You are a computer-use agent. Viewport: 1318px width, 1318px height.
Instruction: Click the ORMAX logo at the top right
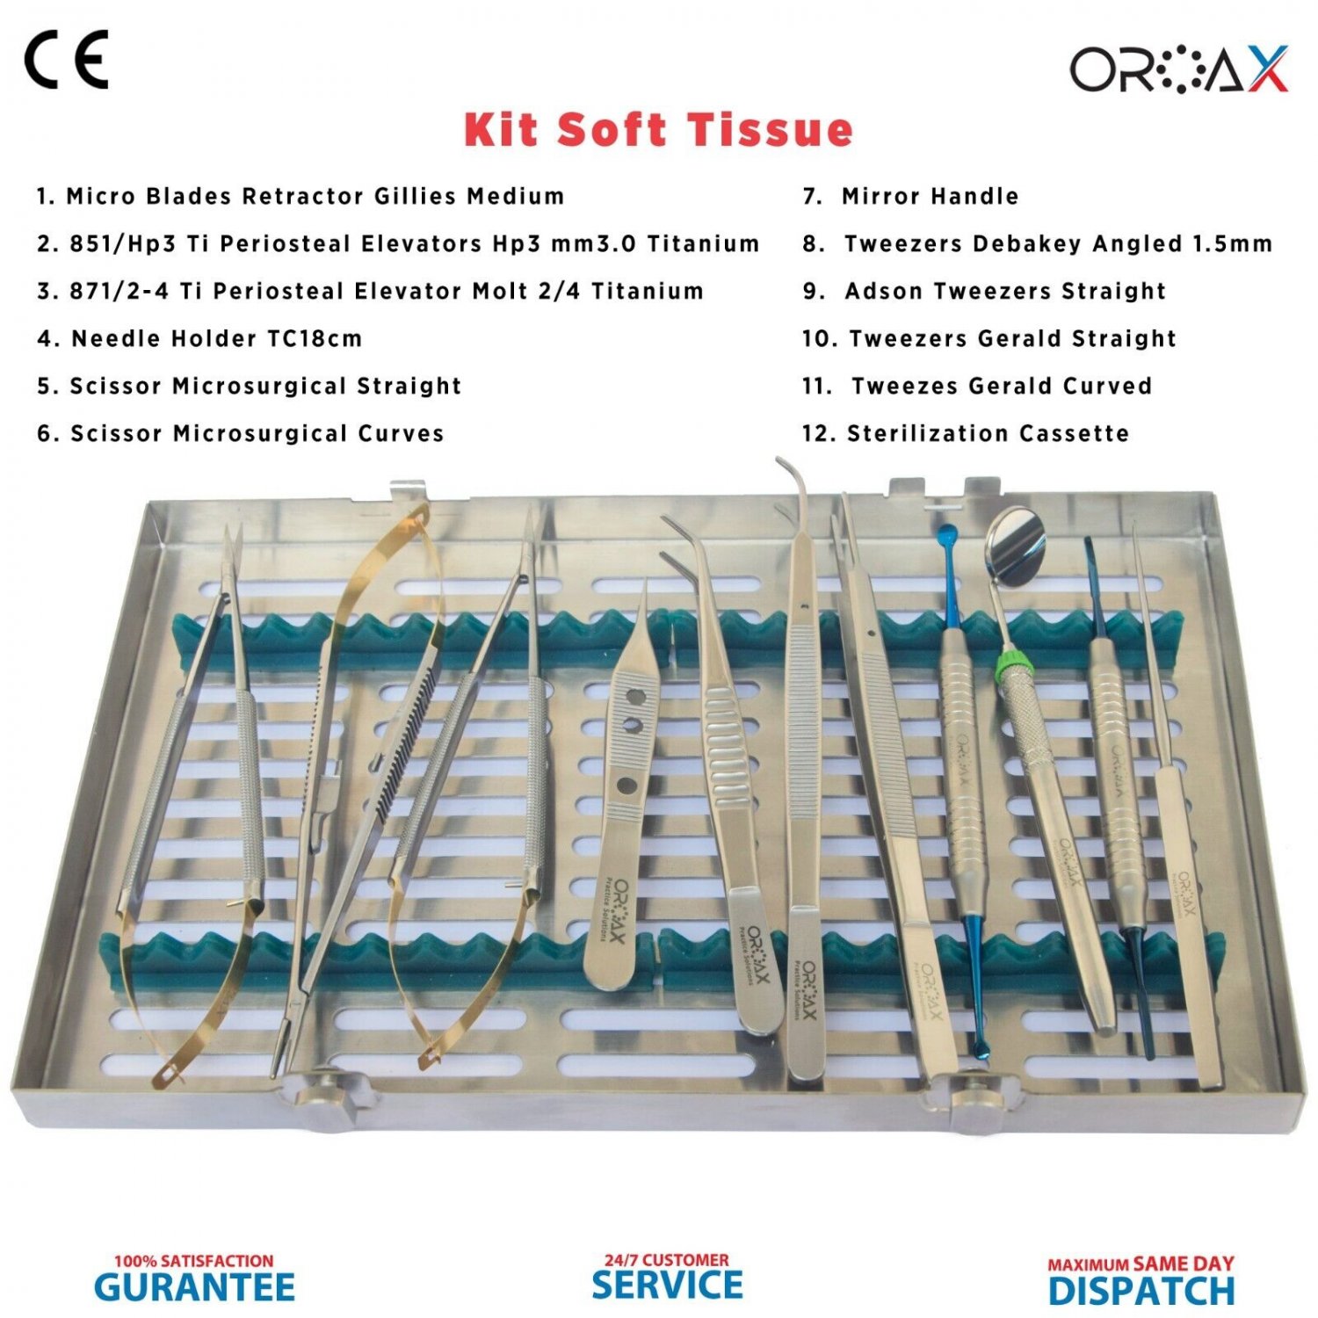tap(1177, 69)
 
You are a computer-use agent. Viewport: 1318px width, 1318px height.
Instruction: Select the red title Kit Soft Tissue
tap(658, 130)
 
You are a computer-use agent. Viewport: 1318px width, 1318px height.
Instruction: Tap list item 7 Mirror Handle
tap(911, 196)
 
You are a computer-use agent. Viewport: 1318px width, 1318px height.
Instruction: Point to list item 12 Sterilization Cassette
tap(966, 433)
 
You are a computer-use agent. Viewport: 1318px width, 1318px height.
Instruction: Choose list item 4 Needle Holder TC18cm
tap(199, 338)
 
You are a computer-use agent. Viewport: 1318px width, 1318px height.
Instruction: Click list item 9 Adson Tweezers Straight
tap(985, 291)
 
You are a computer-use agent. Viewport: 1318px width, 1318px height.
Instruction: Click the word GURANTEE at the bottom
tap(194, 1287)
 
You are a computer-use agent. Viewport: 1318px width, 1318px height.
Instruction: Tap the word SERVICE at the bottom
tap(667, 1285)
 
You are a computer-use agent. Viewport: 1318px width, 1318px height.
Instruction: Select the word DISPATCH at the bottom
tap(1141, 1291)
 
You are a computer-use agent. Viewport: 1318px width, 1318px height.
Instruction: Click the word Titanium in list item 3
tap(648, 291)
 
